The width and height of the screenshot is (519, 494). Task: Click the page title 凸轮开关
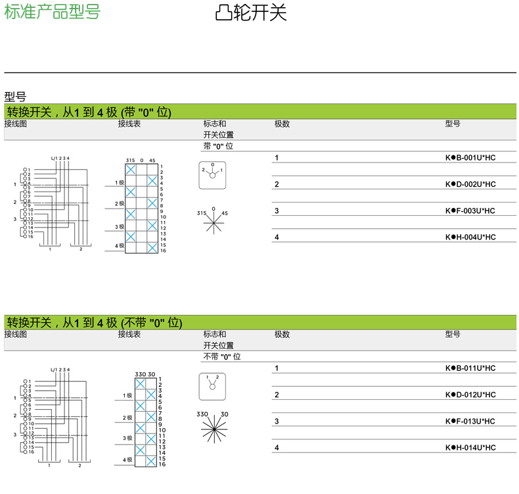coord(252,13)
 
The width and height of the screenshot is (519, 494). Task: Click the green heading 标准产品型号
coord(53,12)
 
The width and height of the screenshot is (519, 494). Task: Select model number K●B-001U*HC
coord(470,158)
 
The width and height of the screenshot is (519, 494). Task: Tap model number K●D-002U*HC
coord(470,184)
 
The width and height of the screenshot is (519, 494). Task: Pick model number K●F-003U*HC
coord(470,210)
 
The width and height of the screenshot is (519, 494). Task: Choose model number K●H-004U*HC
coord(470,237)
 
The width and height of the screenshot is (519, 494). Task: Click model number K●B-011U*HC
coord(470,368)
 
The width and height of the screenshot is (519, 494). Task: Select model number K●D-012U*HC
coord(470,395)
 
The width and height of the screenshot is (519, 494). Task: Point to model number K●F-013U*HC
coord(470,421)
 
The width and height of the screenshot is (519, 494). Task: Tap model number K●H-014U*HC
coord(470,447)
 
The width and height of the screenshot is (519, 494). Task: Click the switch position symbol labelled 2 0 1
coord(212,175)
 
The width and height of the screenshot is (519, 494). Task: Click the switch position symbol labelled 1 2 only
coord(212,386)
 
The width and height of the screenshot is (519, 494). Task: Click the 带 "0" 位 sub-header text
coord(218,146)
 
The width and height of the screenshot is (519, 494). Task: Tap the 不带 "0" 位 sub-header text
coord(221,357)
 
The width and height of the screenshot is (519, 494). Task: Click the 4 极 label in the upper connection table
coord(120,245)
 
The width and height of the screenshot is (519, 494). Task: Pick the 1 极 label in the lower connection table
coord(127,395)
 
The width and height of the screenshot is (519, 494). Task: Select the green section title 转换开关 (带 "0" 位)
coord(89,112)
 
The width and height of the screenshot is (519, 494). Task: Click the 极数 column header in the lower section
coord(282,334)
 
